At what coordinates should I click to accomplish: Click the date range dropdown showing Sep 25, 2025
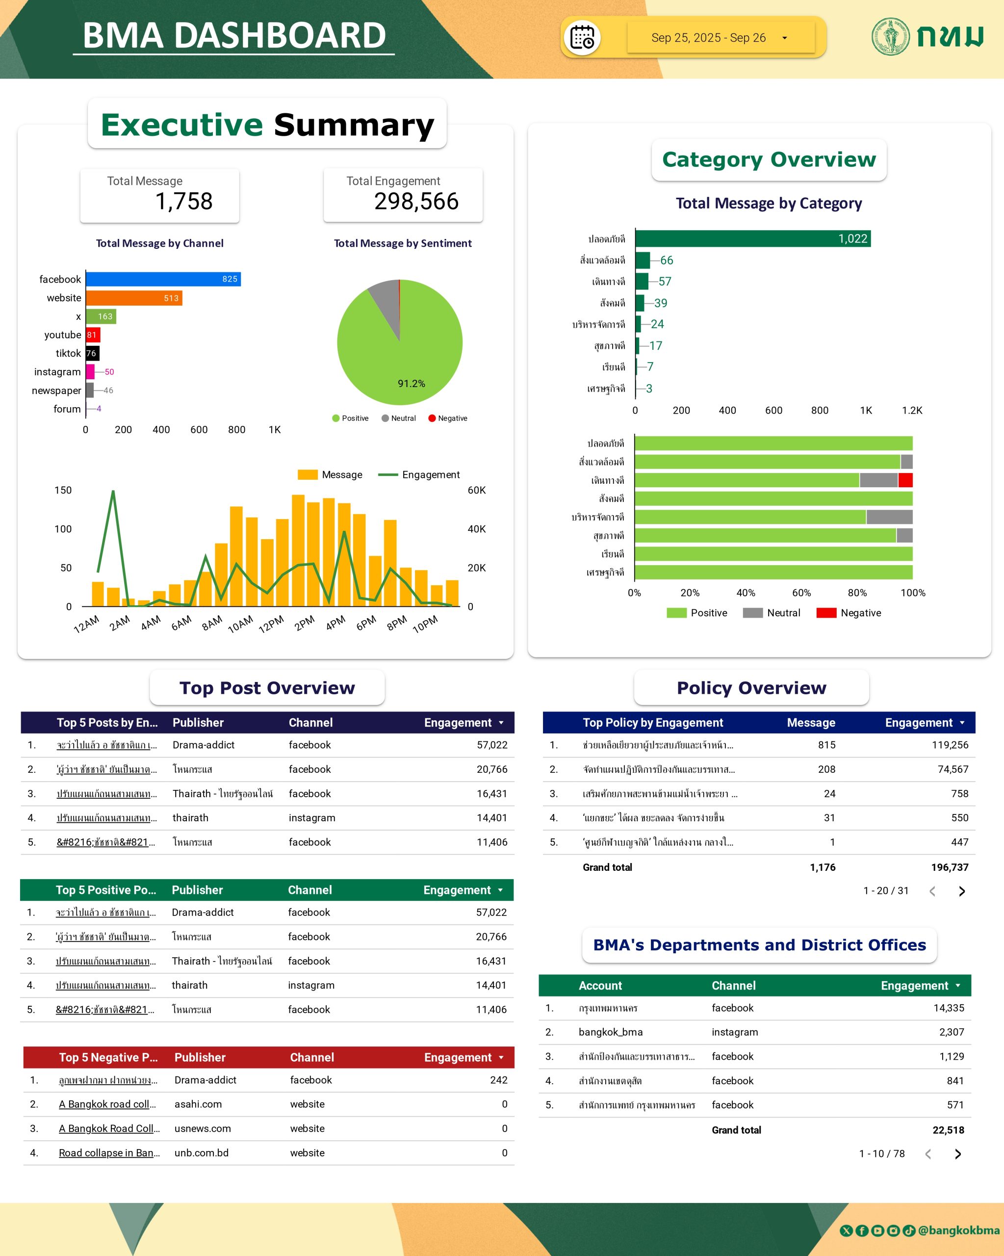(x=721, y=38)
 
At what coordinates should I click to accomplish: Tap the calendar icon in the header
(x=582, y=38)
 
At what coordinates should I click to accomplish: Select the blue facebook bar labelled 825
(x=163, y=279)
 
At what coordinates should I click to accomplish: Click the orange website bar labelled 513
(x=134, y=298)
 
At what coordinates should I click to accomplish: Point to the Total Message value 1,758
(x=183, y=202)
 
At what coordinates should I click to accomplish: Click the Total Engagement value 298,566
(x=416, y=202)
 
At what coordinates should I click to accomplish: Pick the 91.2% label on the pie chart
(x=411, y=383)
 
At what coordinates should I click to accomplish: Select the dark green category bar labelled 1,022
(x=752, y=239)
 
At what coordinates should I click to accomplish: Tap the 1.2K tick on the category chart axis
(x=911, y=410)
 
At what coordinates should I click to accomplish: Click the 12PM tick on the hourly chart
(x=271, y=624)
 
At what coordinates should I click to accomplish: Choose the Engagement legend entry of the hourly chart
(x=419, y=475)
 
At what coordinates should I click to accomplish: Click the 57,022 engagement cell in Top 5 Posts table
(x=491, y=745)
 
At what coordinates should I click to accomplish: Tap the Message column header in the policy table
(x=811, y=722)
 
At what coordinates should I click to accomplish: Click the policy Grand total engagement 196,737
(x=949, y=867)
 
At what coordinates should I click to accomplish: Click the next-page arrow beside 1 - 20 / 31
(x=961, y=891)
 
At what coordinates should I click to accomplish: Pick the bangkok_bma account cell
(x=610, y=1032)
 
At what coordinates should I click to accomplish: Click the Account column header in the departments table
(x=600, y=986)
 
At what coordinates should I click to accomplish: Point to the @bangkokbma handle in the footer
(x=958, y=1230)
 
